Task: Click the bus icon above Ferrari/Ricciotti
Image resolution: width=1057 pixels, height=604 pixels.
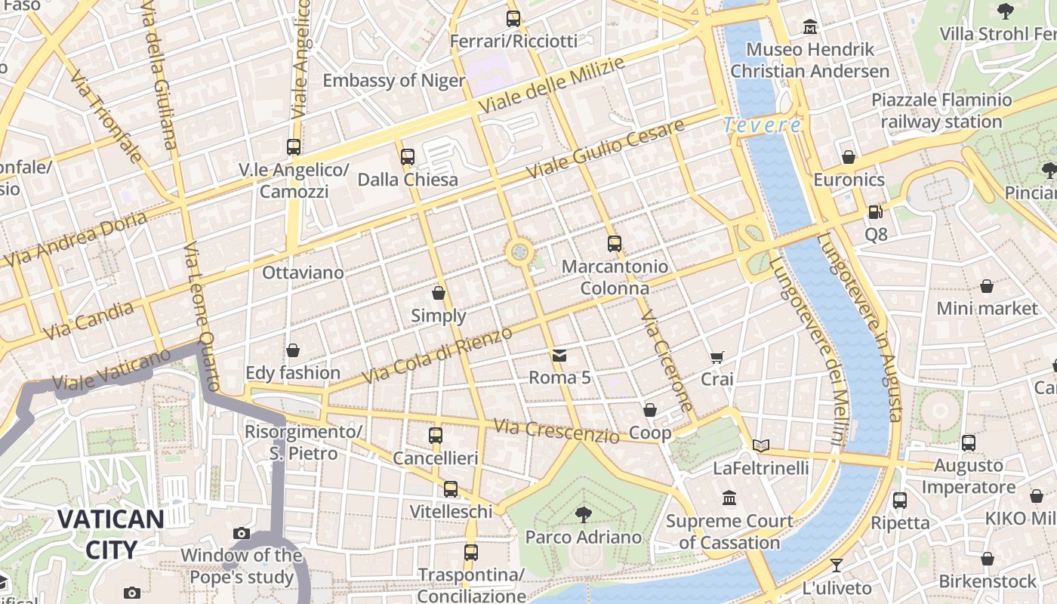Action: (x=513, y=19)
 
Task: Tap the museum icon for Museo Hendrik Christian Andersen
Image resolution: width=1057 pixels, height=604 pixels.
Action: (x=810, y=27)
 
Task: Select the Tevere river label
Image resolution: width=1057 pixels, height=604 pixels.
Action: (x=762, y=125)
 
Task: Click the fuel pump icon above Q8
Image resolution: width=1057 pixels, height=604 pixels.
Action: (x=876, y=212)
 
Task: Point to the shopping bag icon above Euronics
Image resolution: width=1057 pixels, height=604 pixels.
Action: (x=849, y=157)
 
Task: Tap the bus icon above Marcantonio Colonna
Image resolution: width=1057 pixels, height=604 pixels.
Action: (x=615, y=244)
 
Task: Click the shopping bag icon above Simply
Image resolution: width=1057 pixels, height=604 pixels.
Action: (x=439, y=293)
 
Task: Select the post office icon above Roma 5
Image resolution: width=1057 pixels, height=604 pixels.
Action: (x=559, y=355)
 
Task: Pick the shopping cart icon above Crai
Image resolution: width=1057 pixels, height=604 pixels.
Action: (x=716, y=356)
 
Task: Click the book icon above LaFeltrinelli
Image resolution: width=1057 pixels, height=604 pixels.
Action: (x=761, y=445)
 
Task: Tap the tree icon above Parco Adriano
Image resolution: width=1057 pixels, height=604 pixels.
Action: (x=584, y=515)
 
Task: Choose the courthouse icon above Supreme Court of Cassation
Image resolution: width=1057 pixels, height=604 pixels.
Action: (x=729, y=498)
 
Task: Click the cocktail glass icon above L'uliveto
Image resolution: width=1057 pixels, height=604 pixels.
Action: (x=837, y=565)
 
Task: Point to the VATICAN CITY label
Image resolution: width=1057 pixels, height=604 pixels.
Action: (x=110, y=534)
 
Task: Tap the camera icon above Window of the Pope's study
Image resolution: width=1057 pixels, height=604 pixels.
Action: (x=242, y=533)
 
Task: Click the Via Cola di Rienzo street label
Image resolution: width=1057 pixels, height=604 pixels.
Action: (x=437, y=354)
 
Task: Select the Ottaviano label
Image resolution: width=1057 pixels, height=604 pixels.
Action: (x=303, y=273)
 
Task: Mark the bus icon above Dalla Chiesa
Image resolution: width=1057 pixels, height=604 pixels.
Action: (x=408, y=157)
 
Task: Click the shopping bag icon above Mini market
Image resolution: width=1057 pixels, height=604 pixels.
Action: (x=987, y=286)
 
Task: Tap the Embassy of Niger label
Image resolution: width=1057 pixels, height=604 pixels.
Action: (x=394, y=80)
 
